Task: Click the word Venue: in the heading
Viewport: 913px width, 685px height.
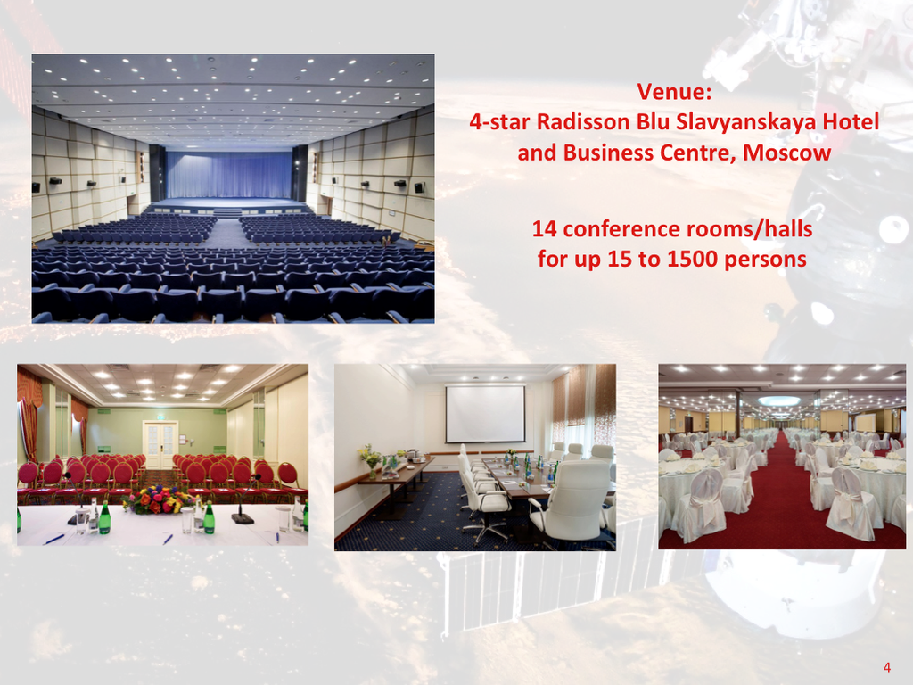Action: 674,92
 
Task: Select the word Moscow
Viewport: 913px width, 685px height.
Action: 786,153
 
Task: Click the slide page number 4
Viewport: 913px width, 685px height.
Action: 887,667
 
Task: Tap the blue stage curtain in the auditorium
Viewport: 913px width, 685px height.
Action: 229,174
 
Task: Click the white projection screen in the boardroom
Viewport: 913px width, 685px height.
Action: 485,413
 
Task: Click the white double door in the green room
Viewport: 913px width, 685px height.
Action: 160,444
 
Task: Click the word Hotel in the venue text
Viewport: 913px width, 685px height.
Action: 851,121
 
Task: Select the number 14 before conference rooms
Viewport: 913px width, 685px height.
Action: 545,229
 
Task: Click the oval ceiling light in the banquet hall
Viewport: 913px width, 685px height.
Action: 779,400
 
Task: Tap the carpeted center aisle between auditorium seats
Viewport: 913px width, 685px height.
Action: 228,233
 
